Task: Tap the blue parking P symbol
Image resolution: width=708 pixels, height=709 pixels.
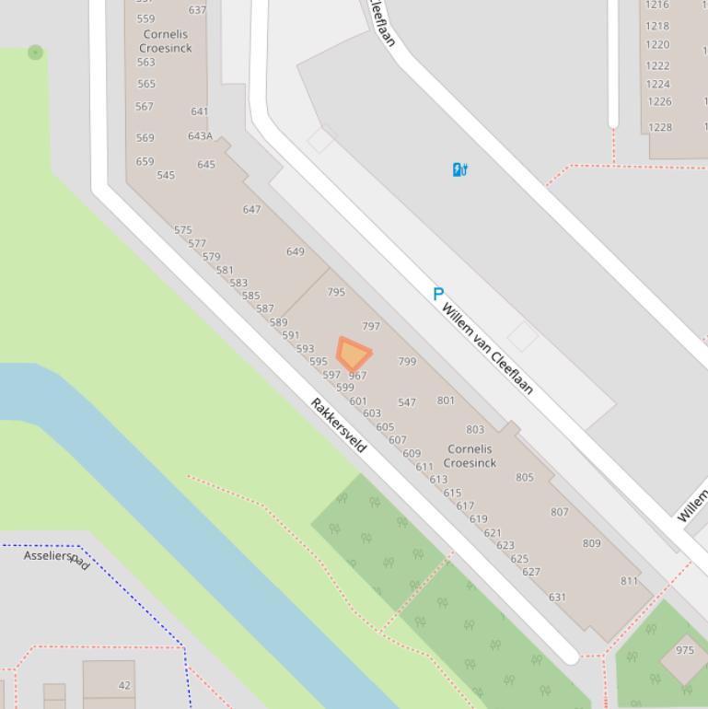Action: (438, 294)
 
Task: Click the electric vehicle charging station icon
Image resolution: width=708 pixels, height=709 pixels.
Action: (460, 169)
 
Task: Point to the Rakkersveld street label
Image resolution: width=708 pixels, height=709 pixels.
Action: (339, 424)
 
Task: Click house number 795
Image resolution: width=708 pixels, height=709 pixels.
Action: (336, 292)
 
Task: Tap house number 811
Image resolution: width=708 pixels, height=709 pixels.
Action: (629, 581)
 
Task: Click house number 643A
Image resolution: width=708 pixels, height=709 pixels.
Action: (200, 136)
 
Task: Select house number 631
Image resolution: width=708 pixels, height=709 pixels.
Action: (557, 597)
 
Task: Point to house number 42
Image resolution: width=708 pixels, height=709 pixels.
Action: (124, 685)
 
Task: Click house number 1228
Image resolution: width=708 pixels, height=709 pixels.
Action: (659, 127)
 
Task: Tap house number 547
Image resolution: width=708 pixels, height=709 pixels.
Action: (407, 402)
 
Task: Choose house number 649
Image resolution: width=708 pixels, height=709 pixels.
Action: (295, 251)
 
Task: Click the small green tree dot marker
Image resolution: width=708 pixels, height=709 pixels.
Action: (35, 52)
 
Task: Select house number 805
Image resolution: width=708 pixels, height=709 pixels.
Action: (525, 477)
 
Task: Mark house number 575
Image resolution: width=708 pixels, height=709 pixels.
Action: (183, 230)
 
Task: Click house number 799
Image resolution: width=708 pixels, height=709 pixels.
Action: (407, 362)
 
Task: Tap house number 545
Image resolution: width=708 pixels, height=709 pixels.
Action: (166, 175)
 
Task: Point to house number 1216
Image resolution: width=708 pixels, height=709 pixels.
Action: (657, 5)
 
